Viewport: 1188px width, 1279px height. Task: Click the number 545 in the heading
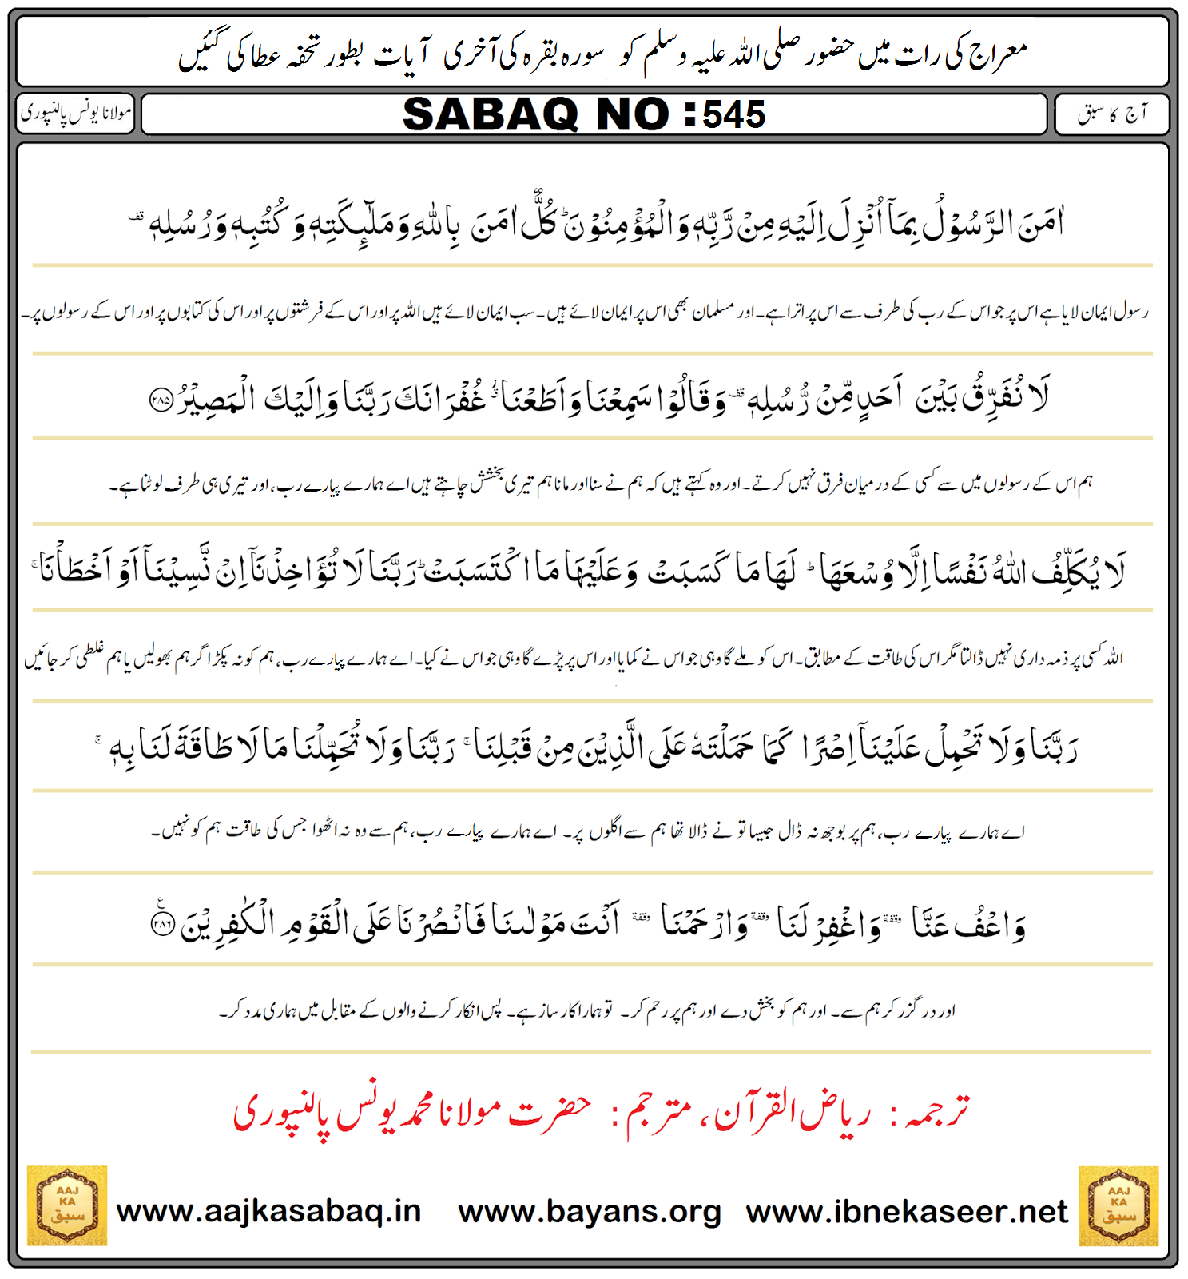[733, 114]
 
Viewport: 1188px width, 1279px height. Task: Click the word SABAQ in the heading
[490, 114]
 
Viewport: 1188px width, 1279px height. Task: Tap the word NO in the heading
[632, 114]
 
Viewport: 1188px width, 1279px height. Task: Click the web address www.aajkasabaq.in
[268, 1210]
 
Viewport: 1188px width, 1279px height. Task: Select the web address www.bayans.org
[590, 1212]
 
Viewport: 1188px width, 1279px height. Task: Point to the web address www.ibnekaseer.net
[906, 1212]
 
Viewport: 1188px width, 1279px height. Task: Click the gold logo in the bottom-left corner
[67, 1205]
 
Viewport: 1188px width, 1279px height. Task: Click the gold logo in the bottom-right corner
[1118, 1205]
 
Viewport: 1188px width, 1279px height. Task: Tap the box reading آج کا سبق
[1111, 114]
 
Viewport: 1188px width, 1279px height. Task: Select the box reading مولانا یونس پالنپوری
[76, 114]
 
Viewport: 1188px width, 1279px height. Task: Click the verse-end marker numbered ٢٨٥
[161, 400]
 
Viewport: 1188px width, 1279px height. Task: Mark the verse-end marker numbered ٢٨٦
[162, 924]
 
